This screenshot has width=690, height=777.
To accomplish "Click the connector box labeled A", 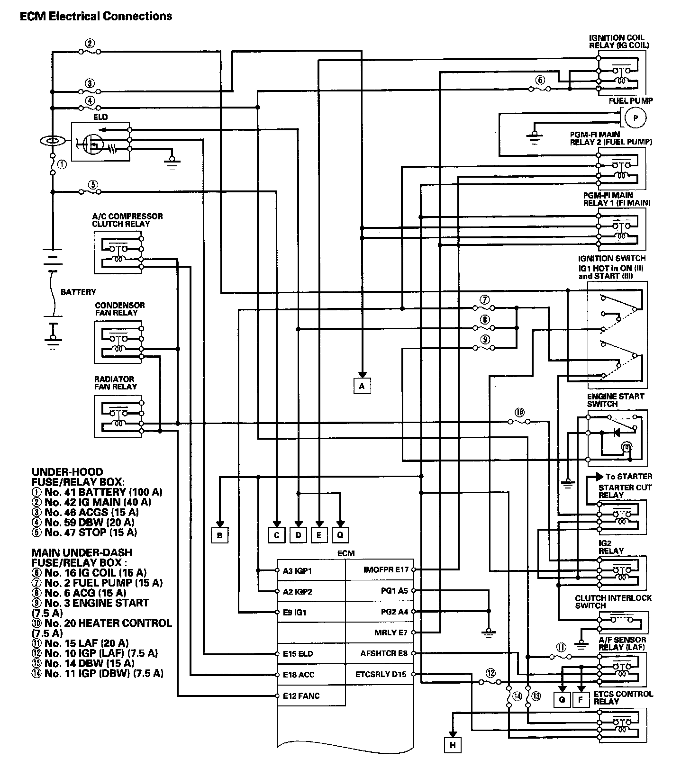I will click(362, 386).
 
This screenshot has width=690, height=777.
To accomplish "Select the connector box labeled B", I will click(219, 535).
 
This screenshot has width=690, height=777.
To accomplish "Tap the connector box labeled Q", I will click(340, 535).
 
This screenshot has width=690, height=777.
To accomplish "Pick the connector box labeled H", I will click(453, 745).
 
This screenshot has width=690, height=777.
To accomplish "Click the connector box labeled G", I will click(562, 700).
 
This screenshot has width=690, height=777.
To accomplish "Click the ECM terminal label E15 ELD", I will click(298, 654).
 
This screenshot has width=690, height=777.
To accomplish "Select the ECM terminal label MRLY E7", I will click(391, 632).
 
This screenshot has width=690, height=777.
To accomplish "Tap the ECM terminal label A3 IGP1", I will click(297, 571).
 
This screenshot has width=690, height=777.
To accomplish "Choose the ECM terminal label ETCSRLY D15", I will click(381, 674).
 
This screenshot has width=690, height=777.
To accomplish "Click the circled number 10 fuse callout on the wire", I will click(519, 413).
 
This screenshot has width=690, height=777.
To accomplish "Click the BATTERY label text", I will click(78, 292).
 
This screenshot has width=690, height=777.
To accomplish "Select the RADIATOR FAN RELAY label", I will click(115, 383).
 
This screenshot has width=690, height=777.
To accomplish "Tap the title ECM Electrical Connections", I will click(96, 17).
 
